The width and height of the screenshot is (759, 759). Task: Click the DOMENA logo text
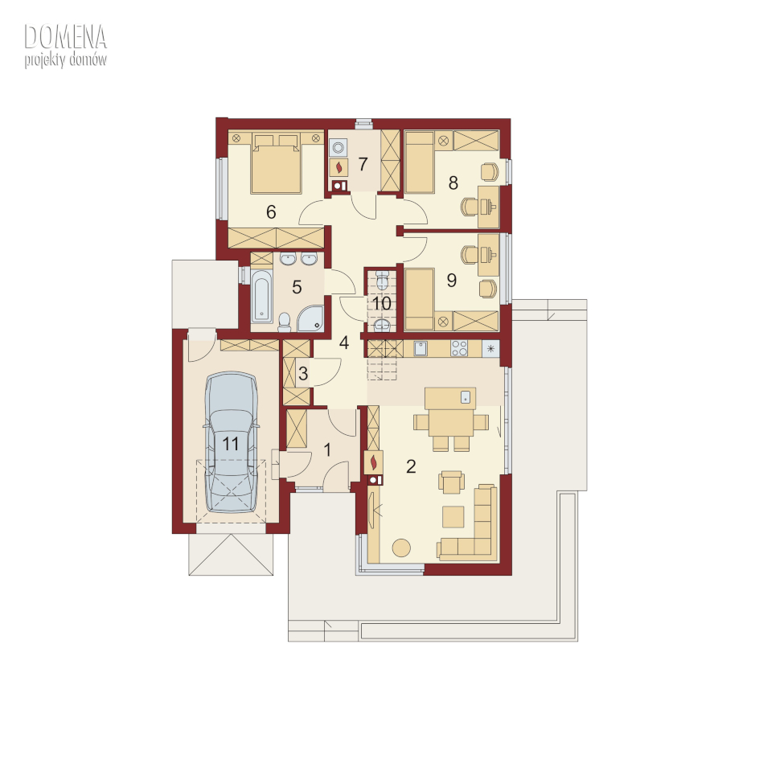point(65,37)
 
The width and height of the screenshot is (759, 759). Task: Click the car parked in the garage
point(232,441)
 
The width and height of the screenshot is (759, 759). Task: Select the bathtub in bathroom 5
point(262,295)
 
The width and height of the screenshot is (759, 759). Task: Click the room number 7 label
point(363,165)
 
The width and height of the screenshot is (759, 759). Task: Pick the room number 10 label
point(381,303)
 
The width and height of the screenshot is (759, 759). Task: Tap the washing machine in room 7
point(338,146)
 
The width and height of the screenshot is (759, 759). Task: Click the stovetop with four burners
point(459,348)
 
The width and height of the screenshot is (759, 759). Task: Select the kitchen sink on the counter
point(421,348)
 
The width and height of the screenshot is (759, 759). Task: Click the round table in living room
point(401,548)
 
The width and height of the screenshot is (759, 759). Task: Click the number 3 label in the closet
point(303,373)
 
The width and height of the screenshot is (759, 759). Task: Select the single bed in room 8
point(419,163)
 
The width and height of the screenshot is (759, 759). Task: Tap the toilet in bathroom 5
point(285,322)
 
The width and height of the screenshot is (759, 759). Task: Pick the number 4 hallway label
point(343,343)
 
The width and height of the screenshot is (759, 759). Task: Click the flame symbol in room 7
point(339,167)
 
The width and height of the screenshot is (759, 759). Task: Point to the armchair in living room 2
point(451,482)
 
